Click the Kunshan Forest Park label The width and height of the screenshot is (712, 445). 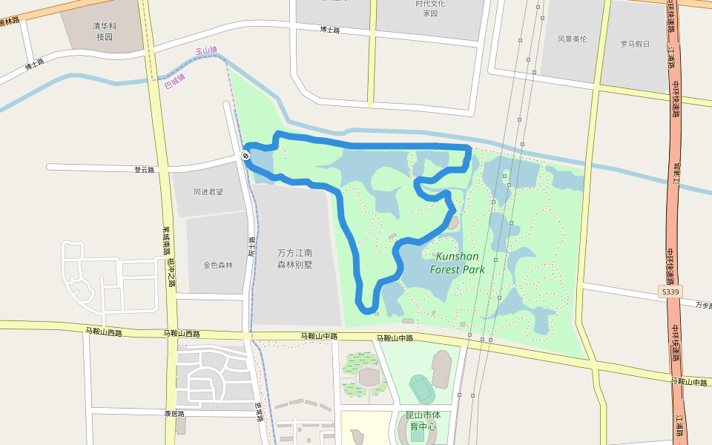point(457,263)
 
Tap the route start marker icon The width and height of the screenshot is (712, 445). point(245,155)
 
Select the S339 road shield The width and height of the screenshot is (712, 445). point(669,292)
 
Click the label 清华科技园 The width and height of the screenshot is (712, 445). point(104,31)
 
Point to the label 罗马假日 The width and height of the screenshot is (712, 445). point(634,44)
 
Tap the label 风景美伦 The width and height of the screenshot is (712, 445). point(572,39)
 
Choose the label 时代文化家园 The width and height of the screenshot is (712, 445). point(430,8)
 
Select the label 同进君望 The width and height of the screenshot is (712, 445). point(208,191)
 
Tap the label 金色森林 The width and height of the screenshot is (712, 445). point(218,265)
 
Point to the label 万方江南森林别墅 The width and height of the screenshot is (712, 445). point(294,258)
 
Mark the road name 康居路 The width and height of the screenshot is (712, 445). point(174,414)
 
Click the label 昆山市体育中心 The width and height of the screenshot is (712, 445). point(422,421)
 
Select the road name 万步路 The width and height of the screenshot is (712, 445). point(702,305)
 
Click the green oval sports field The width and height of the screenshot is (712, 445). point(422,388)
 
